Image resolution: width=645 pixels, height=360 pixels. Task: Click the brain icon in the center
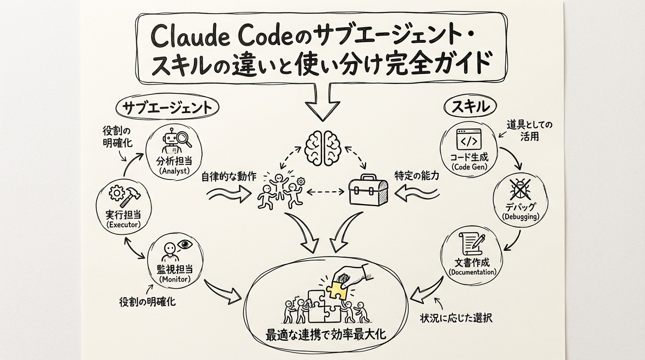[x=323, y=147]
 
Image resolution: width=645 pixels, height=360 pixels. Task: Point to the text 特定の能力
[x=417, y=176]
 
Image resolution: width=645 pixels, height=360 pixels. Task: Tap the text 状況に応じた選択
[x=456, y=318]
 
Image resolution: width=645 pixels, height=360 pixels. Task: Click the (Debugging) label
[x=520, y=217]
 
